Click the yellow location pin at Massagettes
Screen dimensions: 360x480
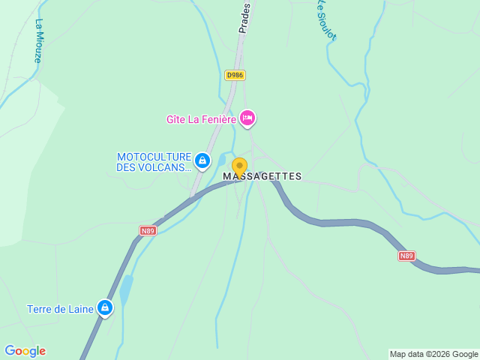pyautogui.click(x=239, y=167)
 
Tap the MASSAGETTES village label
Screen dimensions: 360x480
pyautogui.click(x=262, y=177)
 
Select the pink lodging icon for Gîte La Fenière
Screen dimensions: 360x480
pyautogui.click(x=247, y=118)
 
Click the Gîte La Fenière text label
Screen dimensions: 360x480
pyautogui.click(x=201, y=119)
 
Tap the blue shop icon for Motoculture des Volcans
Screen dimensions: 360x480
pyautogui.click(x=202, y=160)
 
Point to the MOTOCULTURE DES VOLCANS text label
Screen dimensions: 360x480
pyautogui.click(x=154, y=162)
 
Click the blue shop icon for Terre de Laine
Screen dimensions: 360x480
pyautogui.click(x=105, y=307)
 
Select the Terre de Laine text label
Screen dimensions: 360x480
pyautogui.click(x=60, y=309)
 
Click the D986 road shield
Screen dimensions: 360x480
pyautogui.click(x=235, y=75)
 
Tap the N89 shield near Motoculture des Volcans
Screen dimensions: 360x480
pyautogui.click(x=148, y=230)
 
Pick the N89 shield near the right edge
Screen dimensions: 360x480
pyautogui.click(x=406, y=256)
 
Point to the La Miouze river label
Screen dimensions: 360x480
pyautogui.click(x=39, y=40)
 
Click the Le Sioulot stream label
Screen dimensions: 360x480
pyautogui.click(x=325, y=19)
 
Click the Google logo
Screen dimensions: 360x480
pyautogui.click(x=25, y=351)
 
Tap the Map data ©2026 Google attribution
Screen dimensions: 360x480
pyautogui.click(x=433, y=354)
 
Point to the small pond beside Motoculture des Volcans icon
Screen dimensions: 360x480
pyautogui.click(x=221, y=160)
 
